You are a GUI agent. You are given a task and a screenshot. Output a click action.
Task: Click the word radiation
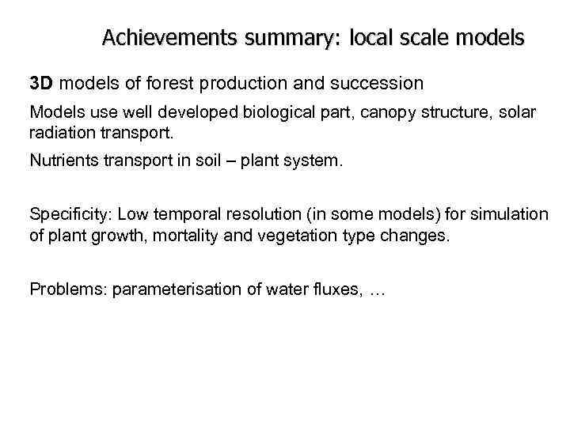click(x=62, y=132)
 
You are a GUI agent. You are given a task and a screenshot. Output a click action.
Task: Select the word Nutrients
click(x=63, y=161)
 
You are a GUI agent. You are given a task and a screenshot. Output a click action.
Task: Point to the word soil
click(x=214, y=161)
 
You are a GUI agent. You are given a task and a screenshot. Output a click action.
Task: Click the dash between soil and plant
click(x=236, y=161)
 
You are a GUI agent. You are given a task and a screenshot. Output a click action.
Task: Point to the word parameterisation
click(x=176, y=289)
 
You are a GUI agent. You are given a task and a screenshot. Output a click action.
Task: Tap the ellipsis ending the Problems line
click(x=376, y=291)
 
